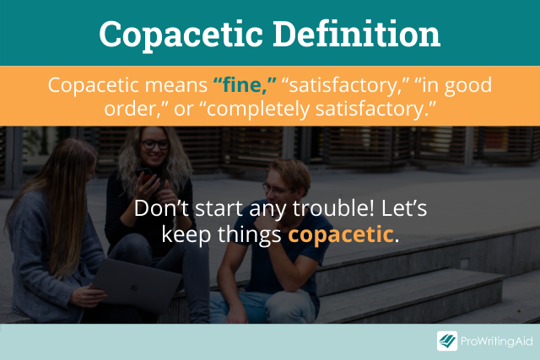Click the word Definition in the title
click(x=357, y=34)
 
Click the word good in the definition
click(x=468, y=86)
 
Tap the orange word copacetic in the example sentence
click(x=341, y=234)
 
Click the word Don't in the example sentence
click(x=161, y=208)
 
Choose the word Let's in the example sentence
click(x=404, y=208)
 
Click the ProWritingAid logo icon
click(x=447, y=341)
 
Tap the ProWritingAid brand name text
click(x=497, y=341)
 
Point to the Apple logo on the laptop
click(x=134, y=287)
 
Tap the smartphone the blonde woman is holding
click(x=144, y=175)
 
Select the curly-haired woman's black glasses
click(x=155, y=144)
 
